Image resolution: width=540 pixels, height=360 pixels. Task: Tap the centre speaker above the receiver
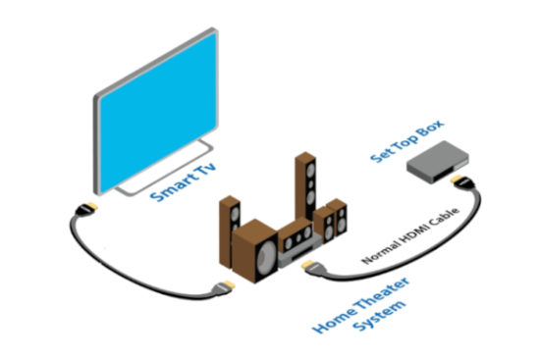[296, 236]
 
